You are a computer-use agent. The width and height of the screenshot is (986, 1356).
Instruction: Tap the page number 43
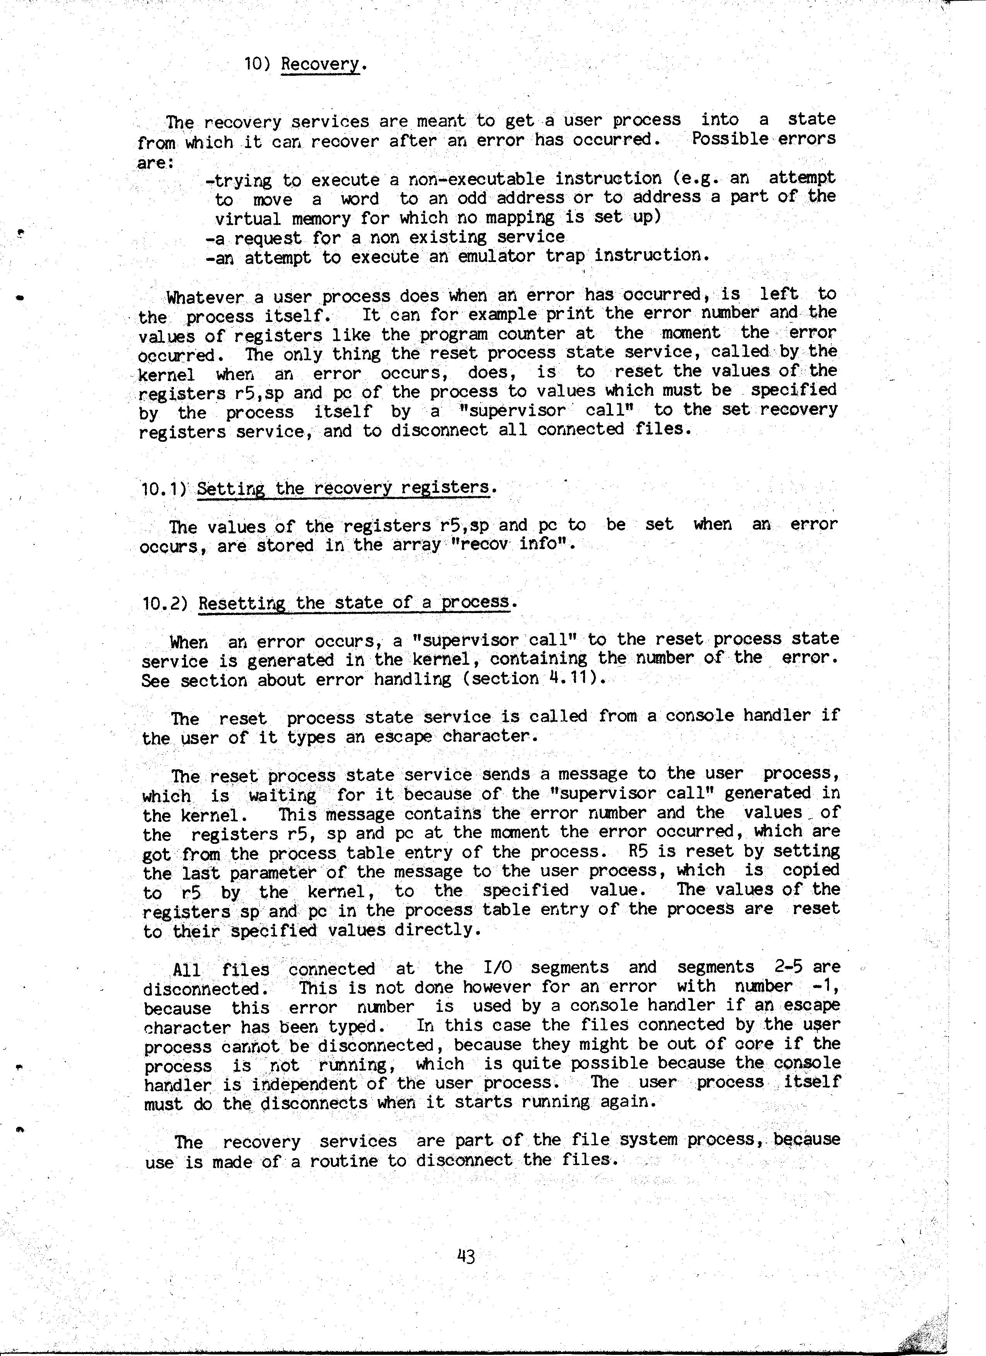[x=465, y=1256]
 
